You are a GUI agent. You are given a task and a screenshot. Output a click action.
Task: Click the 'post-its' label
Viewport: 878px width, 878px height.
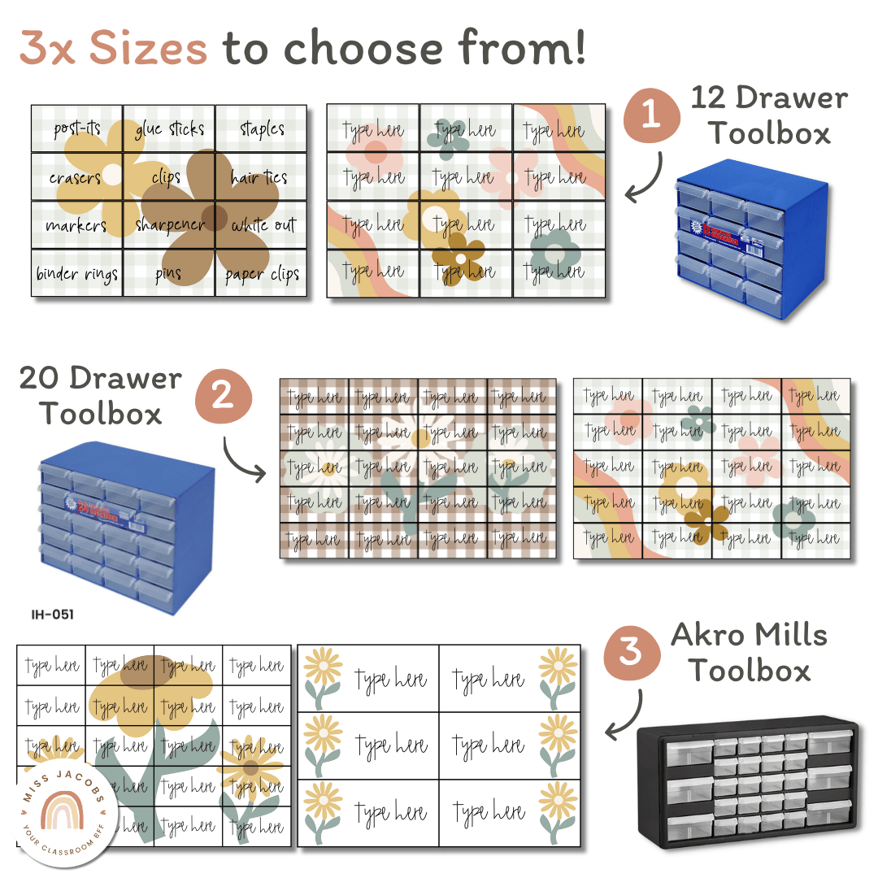(76, 129)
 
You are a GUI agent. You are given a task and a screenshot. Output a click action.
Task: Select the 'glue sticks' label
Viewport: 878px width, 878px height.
(169, 129)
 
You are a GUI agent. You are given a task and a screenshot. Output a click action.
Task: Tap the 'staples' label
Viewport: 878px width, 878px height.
(262, 129)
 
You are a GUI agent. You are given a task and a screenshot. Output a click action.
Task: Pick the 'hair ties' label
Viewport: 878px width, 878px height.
(259, 177)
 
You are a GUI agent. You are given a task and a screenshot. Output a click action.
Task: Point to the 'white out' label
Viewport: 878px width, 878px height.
(263, 225)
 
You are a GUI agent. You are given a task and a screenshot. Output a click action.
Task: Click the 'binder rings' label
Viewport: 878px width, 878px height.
(76, 274)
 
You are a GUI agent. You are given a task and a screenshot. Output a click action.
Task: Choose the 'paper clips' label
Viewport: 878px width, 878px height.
(262, 275)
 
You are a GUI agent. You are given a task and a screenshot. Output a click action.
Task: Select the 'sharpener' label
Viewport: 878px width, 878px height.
(170, 225)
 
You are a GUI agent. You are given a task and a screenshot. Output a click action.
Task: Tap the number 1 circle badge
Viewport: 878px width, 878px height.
(651, 115)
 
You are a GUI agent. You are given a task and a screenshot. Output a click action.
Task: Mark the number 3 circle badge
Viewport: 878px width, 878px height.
(631, 652)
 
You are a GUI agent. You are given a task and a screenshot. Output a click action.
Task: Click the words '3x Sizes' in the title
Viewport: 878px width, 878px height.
(114, 49)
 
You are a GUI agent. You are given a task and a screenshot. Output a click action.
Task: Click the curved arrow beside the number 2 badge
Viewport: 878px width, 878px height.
(243, 460)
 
